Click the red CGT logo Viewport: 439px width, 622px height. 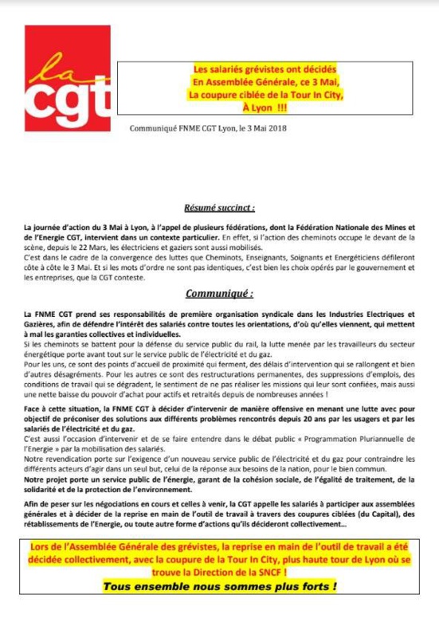click(x=66, y=78)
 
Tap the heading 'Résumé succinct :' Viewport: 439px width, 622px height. click(x=219, y=209)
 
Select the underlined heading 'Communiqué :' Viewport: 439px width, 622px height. click(x=219, y=295)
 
